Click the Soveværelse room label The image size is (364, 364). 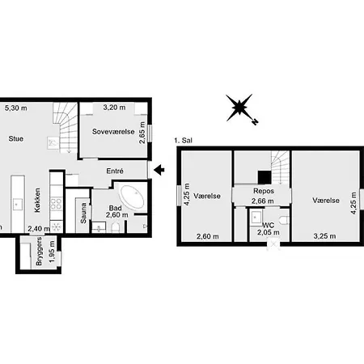click(x=113, y=132)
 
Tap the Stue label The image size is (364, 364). click(x=16, y=138)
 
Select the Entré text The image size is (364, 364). click(x=115, y=171)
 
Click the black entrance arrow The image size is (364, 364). click(x=159, y=170)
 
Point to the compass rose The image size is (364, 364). click(x=239, y=108)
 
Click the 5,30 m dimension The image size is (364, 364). click(x=16, y=108)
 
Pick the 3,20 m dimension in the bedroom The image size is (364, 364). click(x=114, y=108)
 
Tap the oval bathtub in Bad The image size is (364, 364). click(x=132, y=196)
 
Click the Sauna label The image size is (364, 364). click(x=83, y=213)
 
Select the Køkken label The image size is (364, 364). click(x=37, y=200)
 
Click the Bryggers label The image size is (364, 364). click(x=39, y=251)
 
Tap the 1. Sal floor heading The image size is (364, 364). click(x=184, y=141)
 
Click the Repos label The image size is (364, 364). click(x=264, y=191)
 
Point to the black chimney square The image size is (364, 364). click(x=265, y=177)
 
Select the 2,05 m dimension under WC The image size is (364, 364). click(x=268, y=232)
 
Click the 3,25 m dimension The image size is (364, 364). click(x=324, y=236)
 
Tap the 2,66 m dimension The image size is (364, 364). click(x=263, y=201)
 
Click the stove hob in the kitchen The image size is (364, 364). click(x=57, y=204)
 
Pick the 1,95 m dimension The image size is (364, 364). click(x=52, y=252)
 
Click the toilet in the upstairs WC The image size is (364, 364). click(x=284, y=220)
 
